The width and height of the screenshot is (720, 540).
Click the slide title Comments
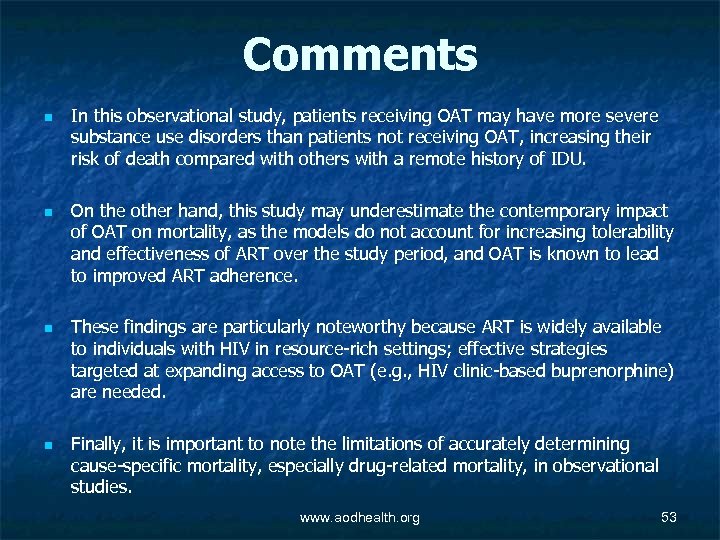point(360,55)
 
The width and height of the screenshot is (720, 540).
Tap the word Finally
point(99,443)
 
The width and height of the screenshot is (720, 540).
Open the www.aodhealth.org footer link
point(360,517)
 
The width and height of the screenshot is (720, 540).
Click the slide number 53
point(669,517)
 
